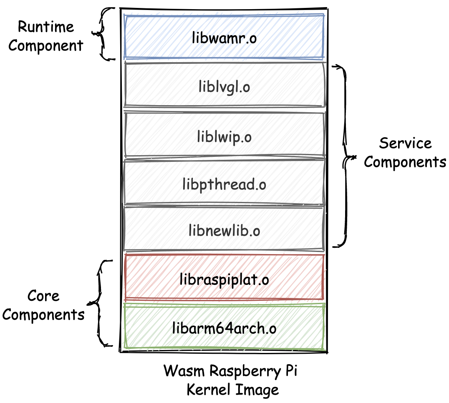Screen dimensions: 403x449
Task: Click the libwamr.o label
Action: coord(224,38)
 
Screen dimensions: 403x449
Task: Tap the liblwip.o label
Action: coord(224,137)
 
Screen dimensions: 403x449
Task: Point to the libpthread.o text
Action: coord(224,184)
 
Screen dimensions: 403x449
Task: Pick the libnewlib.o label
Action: coord(224,231)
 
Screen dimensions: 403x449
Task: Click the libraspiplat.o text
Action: coord(224,279)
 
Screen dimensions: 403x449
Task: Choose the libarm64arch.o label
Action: coord(224,328)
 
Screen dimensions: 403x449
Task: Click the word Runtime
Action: coord(45,27)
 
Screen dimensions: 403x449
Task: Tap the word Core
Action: coord(43,296)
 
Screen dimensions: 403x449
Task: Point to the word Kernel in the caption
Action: coord(209,390)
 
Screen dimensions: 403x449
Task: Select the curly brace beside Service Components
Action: coord(345,156)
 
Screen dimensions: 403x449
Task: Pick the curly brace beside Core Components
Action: coord(99,302)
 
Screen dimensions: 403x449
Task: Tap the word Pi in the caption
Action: coord(290,371)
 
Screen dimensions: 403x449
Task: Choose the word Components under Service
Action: coord(405,162)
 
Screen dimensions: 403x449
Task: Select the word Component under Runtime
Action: coord(45,45)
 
